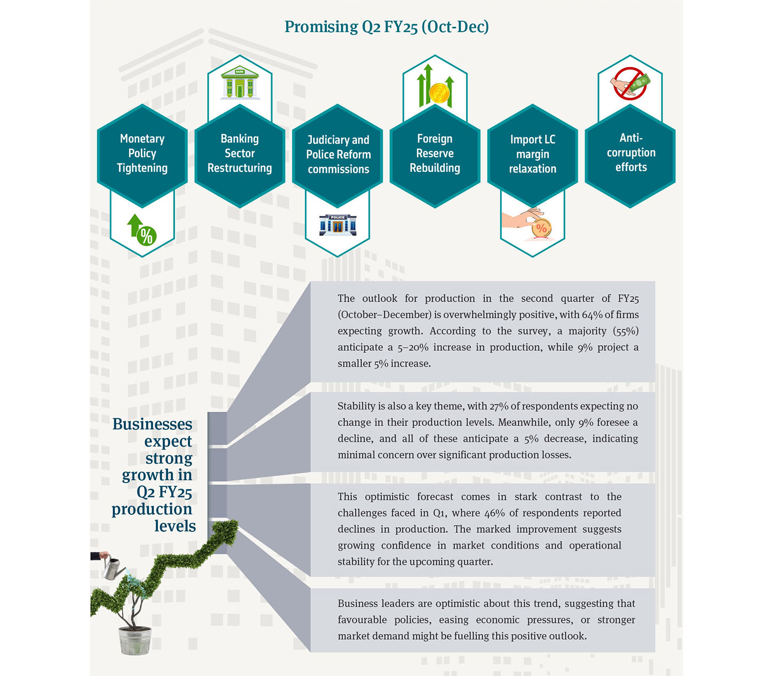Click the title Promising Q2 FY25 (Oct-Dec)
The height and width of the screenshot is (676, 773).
coord(386,27)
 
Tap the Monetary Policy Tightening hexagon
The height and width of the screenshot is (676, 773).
coord(142,154)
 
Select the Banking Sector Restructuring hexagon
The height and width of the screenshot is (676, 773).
coord(240,154)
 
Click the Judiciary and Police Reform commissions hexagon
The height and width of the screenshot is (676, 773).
coord(338,155)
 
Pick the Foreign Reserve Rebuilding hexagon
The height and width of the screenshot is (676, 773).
coord(435,154)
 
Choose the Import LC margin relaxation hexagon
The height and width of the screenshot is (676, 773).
coord(532,155)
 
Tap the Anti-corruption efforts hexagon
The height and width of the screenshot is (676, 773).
coord(630,153)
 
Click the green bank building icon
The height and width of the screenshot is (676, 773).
coord(240,83)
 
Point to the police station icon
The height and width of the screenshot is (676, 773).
coord(337,225)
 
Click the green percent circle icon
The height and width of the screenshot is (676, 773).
coord(146,235)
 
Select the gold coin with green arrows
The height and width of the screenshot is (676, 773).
coord(439,93)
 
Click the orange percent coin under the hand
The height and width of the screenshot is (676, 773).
coord(541,229)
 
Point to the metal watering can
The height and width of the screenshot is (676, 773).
coord(112,569)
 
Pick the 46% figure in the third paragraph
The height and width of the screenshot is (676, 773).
coord(494,513)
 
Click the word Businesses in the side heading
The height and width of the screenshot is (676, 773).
coord(152,424)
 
